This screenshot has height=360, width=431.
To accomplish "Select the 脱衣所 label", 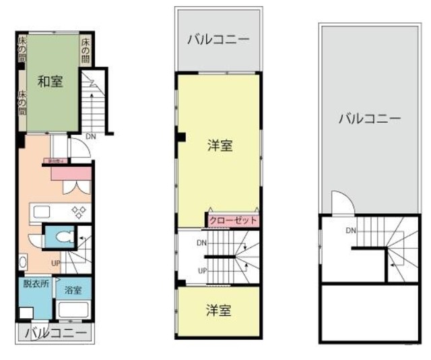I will click(x=35, y=284).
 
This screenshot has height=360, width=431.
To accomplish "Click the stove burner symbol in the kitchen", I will click(x=79, y=212).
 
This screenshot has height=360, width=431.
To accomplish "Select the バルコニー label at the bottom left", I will click(x=56, y=333).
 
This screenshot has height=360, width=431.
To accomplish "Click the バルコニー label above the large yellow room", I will click(x=218, y=39).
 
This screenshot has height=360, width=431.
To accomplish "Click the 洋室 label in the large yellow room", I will click(x=220, y=144).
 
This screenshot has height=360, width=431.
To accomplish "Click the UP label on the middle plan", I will click(x=202, y=271).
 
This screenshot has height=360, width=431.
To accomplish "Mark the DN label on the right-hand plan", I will click(x=351, y=231).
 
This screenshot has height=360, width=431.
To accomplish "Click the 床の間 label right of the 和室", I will click(x=86, y=48).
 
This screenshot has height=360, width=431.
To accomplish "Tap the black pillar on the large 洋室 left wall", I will click(x=180, y=138).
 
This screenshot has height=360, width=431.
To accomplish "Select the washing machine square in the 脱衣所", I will click(x=27, y=313).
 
